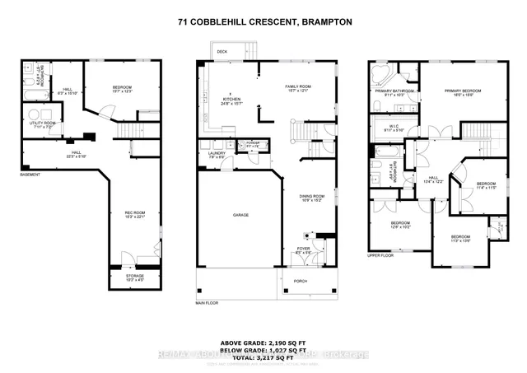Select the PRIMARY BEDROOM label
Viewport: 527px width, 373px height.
tap(461, 91)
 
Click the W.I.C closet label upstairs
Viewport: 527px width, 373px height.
tap(393, 127)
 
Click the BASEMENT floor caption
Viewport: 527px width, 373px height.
tap(30, 174)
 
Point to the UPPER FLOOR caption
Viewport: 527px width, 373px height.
tap(380, 256)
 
